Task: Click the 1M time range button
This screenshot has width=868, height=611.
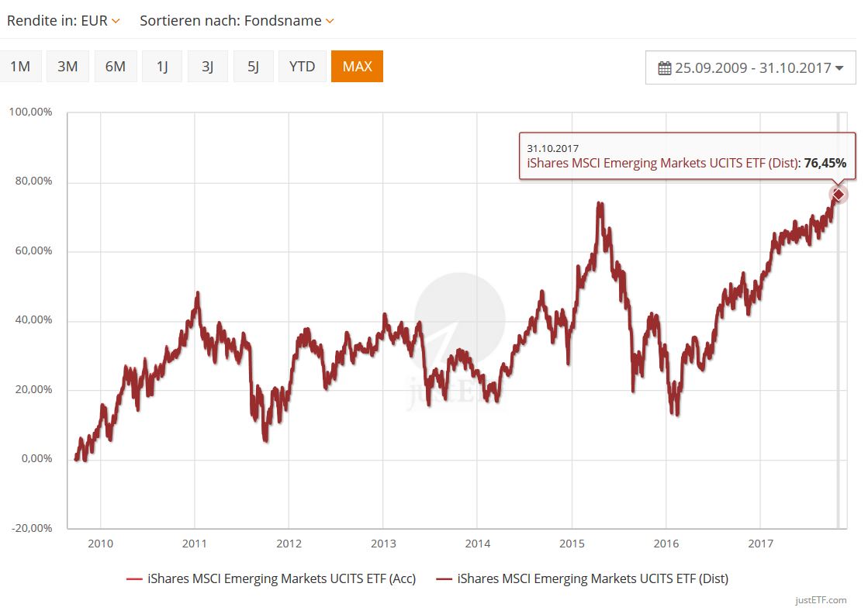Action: pos(20,67)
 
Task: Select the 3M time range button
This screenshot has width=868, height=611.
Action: pos(67,67)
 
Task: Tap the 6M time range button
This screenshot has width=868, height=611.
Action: pos(115,67)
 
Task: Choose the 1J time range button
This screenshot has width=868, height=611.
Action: pos(162,67)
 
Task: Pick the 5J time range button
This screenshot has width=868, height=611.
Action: pos(253,67)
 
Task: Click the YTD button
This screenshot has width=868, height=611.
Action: pos(302,67)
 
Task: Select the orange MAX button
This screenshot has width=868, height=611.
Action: pos(357,67)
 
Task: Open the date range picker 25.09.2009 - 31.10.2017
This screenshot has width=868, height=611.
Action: pos(750,68)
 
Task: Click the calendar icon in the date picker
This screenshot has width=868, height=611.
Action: pos(665,68)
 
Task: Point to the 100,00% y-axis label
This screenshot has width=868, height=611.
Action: pos(31,112)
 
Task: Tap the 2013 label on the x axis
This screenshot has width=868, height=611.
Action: pos(383,544)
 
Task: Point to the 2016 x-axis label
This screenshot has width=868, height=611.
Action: pos(666,544)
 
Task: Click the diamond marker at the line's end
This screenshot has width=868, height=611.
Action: pos(838,194)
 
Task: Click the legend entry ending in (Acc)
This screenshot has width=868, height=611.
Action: pos(271,578)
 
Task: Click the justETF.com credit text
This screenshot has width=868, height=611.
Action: pos(821,600)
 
